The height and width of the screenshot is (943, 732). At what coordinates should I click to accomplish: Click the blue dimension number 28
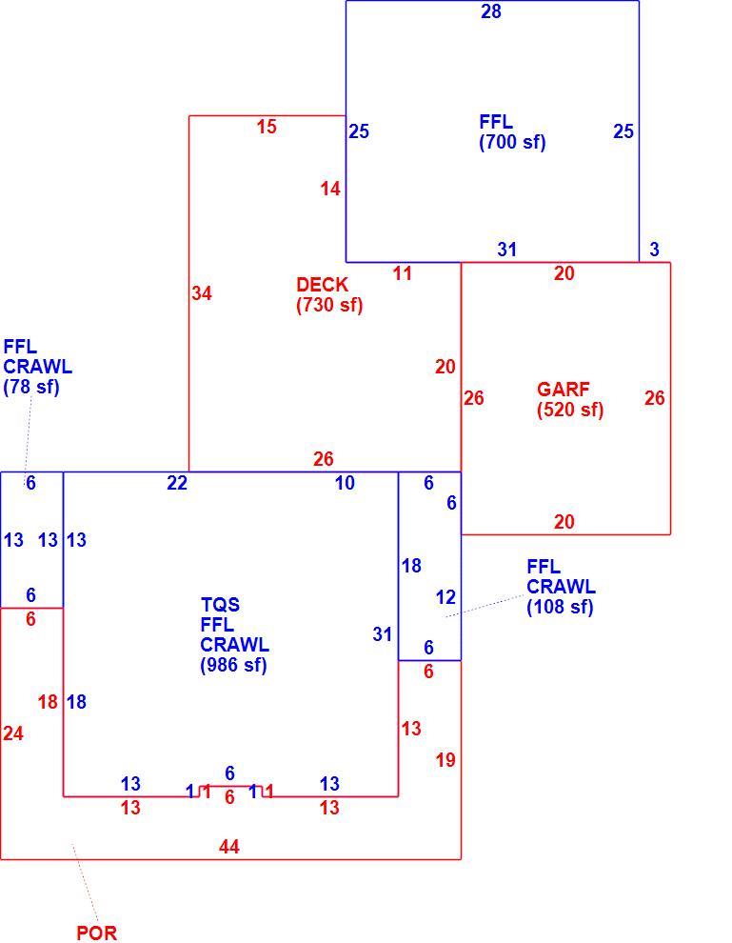[491, 11]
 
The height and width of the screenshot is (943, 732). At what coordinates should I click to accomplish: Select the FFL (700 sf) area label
[513, 131]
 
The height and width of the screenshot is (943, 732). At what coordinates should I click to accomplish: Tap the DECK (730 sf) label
[329, 294]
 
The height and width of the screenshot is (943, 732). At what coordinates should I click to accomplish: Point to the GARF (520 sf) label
[570, 399]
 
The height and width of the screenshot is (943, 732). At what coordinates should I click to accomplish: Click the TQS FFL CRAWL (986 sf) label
[234, 634]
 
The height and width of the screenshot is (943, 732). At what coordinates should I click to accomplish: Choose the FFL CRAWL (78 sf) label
[37, 367]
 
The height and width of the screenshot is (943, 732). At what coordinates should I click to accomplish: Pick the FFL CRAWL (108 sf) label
[562, 587]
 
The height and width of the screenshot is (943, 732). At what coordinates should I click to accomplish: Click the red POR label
[97, 933]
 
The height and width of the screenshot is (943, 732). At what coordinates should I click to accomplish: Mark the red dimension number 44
[229, 847]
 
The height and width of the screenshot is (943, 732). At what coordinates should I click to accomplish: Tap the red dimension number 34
[202, 292]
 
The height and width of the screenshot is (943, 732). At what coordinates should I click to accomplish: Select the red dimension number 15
[267, 127]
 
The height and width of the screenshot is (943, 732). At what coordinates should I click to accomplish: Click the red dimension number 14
[330, 189]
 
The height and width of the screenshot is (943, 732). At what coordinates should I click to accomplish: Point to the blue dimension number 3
[655, 249]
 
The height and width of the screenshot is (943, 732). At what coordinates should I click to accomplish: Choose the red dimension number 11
[402, 273]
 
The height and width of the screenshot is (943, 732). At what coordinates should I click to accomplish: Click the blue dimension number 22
[177, 483]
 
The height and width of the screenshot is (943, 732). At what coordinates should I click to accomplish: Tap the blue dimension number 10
[345, 483]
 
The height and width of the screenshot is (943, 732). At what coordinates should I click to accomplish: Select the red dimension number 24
[13, 733]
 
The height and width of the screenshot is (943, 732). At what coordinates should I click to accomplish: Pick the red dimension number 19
[445, 760]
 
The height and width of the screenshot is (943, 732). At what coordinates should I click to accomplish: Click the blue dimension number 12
[445, 597]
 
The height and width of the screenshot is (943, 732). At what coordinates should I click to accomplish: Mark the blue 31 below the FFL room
[506, 249]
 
